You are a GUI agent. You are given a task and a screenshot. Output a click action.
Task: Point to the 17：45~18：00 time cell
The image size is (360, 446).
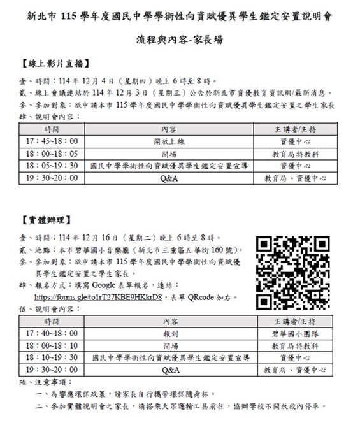[x=52, y=140]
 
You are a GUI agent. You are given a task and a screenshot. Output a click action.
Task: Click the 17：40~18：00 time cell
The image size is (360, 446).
[x=52, y=332]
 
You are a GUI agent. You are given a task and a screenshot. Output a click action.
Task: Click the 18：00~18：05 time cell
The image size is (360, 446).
[x=52, y=153]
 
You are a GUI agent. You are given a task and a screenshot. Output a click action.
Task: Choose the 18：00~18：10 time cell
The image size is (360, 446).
[x=52, y=345]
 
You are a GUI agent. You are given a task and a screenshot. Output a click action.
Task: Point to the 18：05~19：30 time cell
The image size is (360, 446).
[x=52, y=166]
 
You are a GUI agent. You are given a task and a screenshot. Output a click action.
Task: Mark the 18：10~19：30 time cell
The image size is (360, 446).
[x=52, y=357]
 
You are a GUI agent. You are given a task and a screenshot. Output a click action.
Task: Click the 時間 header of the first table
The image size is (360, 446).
[x=52, y=128]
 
